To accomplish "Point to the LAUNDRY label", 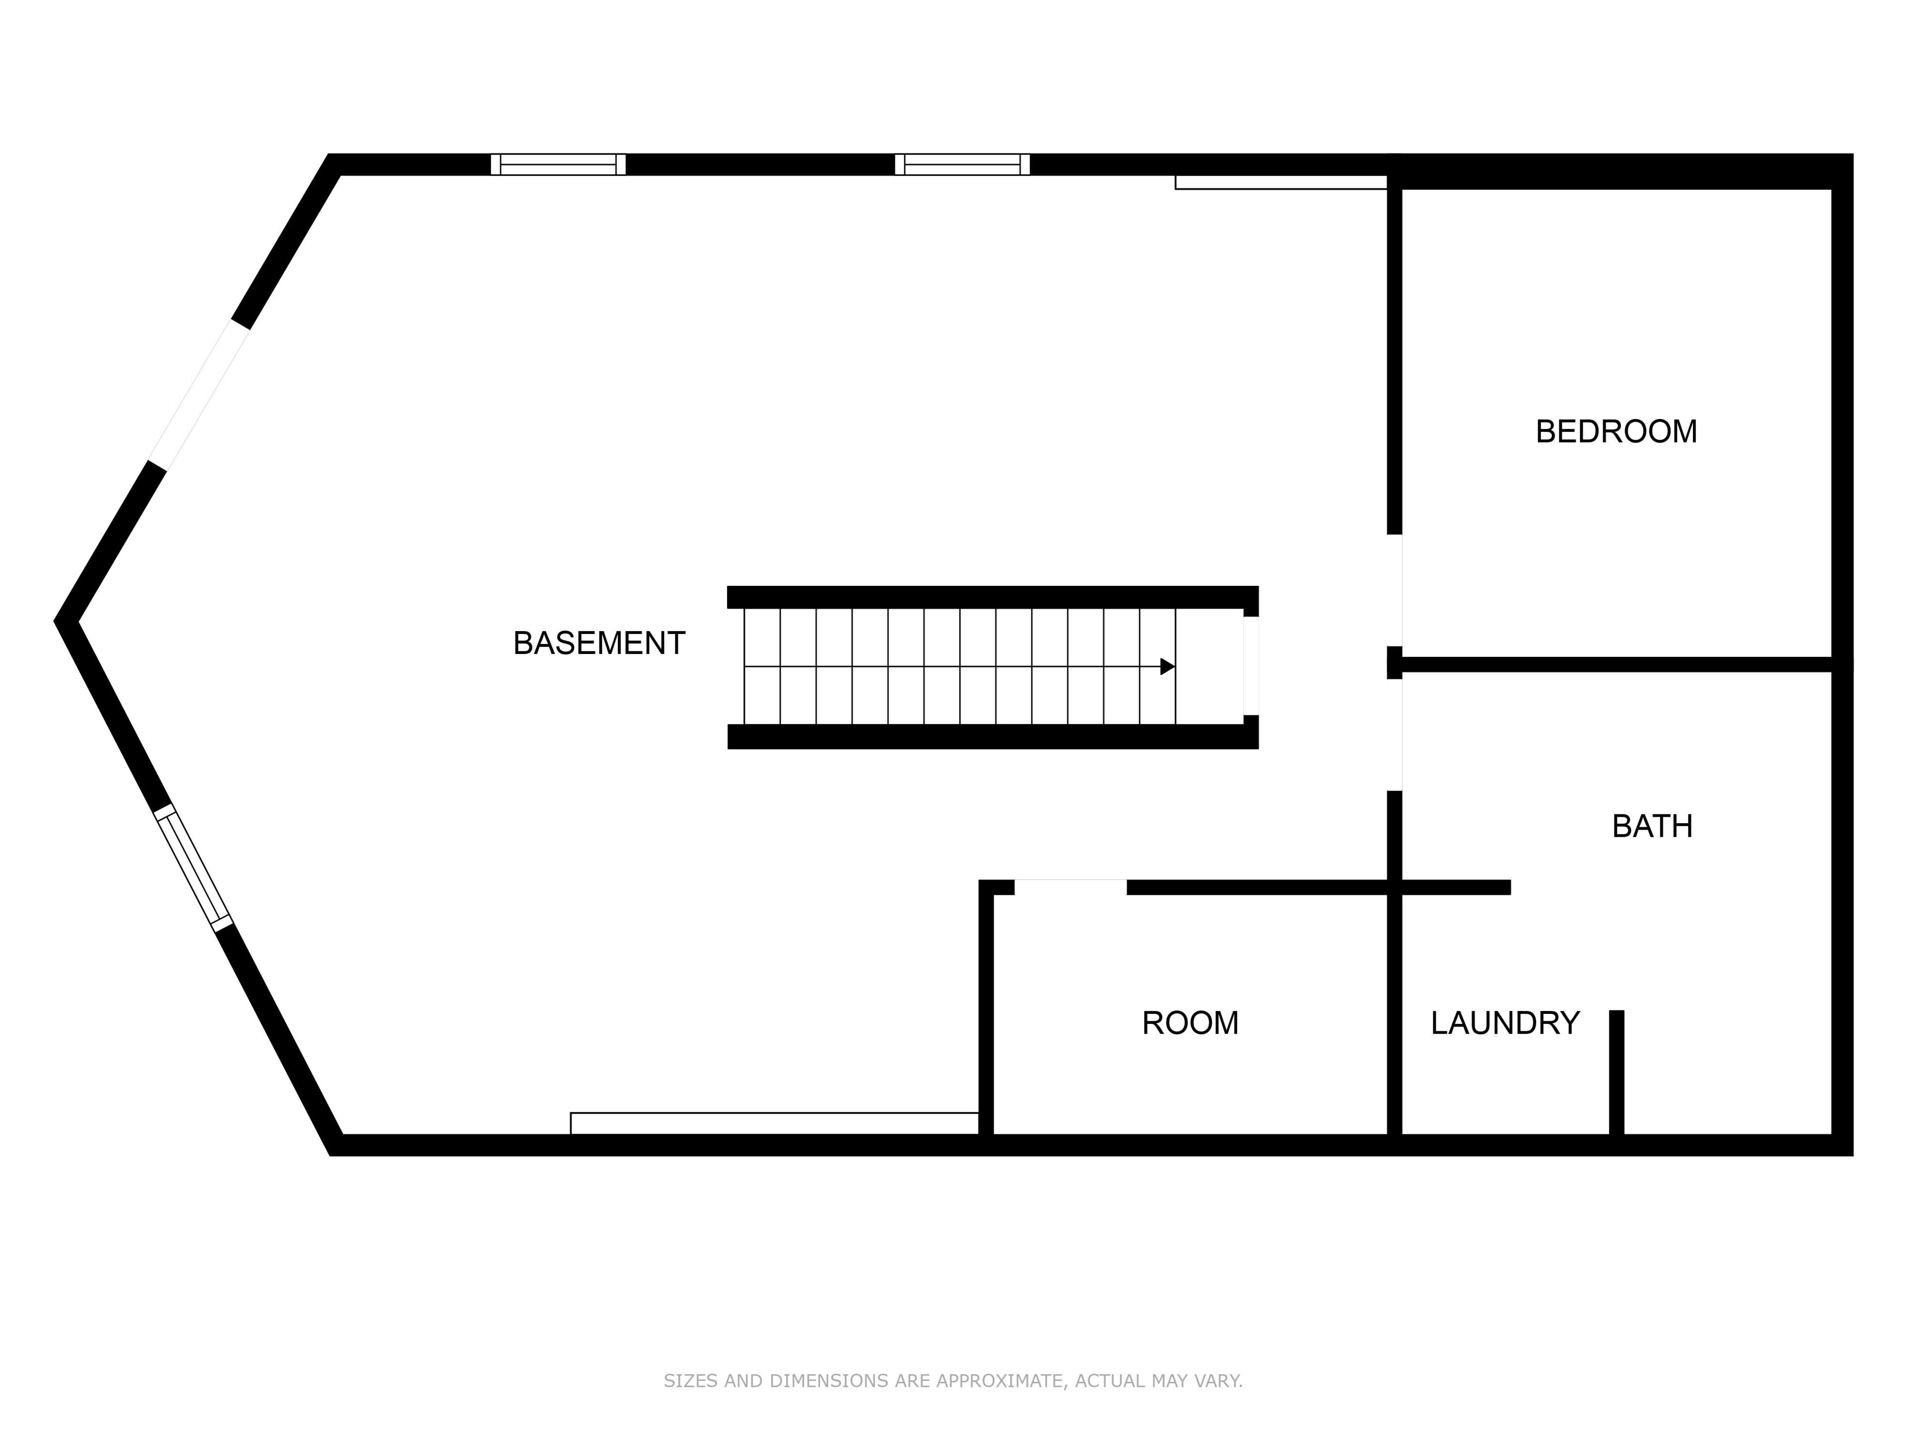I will [x=1504, y=1023].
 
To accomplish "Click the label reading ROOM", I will [x=1190, y=1023].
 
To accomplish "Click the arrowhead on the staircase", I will [x=1168, y=666].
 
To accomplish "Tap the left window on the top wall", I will [x=558, y=165].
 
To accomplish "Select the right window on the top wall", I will [x=962, y=165].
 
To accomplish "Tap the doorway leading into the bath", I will [x=1394, y=734].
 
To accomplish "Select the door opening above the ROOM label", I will [x=1070, y=887].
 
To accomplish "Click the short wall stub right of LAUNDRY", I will [x=1616, y=1073].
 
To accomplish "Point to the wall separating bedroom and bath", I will [x=1612, y=664].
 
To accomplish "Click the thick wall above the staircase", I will [x=991, y=597].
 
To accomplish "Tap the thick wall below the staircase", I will [x=991, y=737].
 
